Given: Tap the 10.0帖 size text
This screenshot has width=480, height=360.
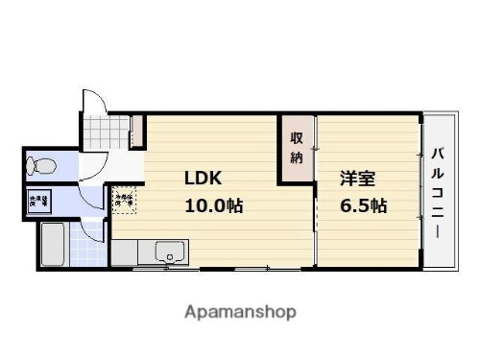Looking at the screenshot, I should point(213,205).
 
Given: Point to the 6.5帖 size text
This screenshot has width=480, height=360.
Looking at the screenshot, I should point(362,205).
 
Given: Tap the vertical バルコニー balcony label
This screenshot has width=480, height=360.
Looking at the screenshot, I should point(438,193).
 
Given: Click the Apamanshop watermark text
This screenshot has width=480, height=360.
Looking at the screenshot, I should point(239,312).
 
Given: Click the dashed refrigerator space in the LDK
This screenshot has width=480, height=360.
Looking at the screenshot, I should point(124,200).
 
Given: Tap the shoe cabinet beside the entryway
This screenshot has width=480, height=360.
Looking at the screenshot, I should point(136,129).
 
